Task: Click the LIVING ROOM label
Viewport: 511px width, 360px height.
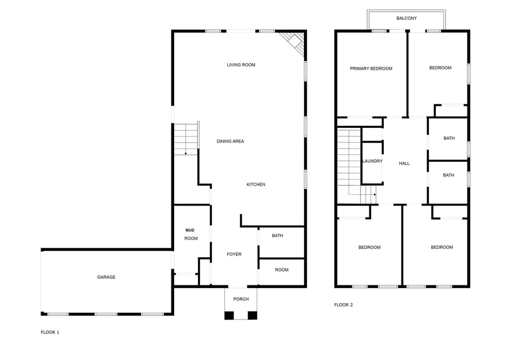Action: coord(241,65)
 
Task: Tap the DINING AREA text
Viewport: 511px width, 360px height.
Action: coord(230,142)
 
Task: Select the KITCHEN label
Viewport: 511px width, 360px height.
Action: coord(256,185)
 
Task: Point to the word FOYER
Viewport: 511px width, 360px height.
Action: coord(234,255)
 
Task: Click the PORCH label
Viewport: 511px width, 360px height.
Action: coord(241,299)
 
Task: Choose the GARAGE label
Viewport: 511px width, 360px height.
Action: coord(106,277)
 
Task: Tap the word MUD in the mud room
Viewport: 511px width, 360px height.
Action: coord(189,230)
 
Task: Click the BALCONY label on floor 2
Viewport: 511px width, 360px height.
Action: coord(407,19)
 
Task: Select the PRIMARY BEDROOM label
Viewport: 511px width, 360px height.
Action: coord(371,69)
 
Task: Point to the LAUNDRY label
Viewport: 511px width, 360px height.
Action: coord(372,161)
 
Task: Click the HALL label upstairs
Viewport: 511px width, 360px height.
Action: coord(405,163)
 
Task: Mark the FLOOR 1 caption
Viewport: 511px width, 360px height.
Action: coord(50,332)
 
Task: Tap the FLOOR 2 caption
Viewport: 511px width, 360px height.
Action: coord(343,305)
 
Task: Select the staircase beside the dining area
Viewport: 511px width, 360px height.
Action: coord(186,139)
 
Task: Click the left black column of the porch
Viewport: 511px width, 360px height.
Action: coord(229,315)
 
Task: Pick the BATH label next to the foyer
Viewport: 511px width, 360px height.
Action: coord(277,236)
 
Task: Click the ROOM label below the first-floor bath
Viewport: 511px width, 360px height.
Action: coord(282,270)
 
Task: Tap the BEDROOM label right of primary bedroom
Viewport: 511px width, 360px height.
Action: coord(440,68)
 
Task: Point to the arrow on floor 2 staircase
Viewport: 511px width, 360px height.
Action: coord(374,194)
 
